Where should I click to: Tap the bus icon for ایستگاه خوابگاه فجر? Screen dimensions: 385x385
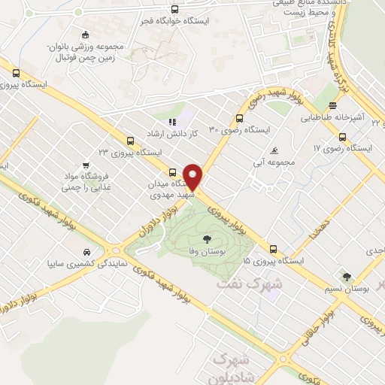click(x=175, y=10)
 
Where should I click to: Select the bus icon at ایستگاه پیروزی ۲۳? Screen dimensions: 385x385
click(x=131, y=140)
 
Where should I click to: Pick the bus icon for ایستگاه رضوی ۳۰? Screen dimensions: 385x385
click(x=239, y=118)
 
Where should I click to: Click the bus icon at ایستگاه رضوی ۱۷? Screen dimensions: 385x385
click(x=343, y=137)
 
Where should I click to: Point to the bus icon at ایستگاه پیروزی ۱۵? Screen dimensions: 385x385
click(x=272, y=249)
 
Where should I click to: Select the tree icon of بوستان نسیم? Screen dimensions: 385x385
click(x=347, y=277)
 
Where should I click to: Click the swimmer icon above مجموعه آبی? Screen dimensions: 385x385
click(x=274, y=150)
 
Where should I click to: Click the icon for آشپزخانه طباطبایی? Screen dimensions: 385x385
click(x=332, y=106)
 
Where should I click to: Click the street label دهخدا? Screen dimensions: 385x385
click(x=311, y=228)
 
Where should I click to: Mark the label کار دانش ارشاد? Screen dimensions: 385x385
click(x=192, y=132)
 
